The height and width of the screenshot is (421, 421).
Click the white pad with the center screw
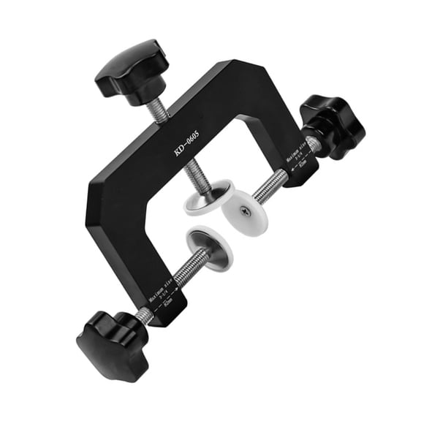pos(241,213)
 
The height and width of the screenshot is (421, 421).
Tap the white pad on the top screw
pos(208,198)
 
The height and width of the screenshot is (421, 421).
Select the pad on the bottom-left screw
pos(210,249)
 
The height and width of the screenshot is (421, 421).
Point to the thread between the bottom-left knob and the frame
pos(145,315)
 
